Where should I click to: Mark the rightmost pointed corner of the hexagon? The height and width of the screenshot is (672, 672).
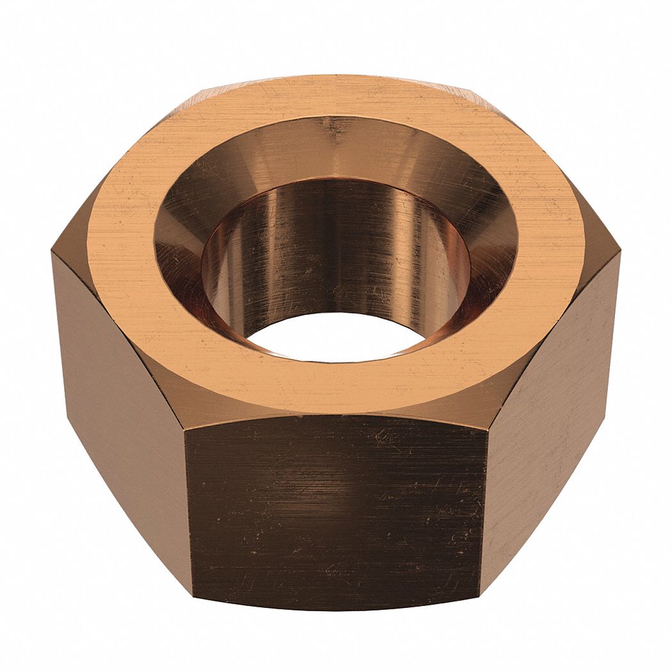pyautogui.click(x=620, y=253)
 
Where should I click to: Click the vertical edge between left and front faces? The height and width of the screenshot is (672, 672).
pyautogui.click(x=187, y=512)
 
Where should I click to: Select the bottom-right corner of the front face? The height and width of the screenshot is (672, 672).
pyautogui.click(x=481, y=598)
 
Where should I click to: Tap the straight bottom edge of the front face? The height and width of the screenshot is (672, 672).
pyautogui.click(x=336, y=608)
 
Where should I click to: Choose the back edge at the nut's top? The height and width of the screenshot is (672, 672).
pyautogui.click(x=336, y=76)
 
